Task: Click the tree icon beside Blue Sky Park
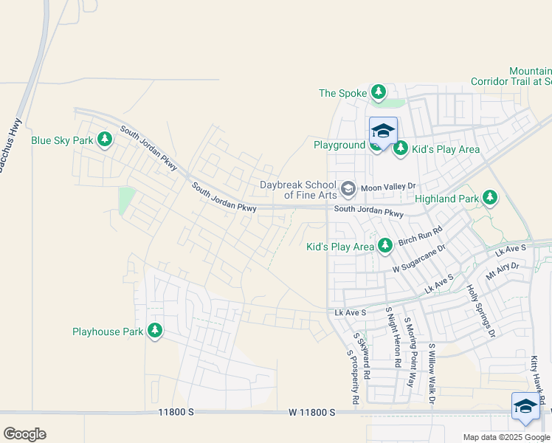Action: click(105, 140)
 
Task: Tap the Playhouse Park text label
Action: click(108, 332)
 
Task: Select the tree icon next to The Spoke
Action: click(379, 92)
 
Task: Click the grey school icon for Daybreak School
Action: click(348, 188)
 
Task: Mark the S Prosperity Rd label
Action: click(353, 377)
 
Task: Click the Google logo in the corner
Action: click(24, 434)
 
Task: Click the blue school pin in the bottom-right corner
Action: click(525, 407)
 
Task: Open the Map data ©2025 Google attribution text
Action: click(506, 437)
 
